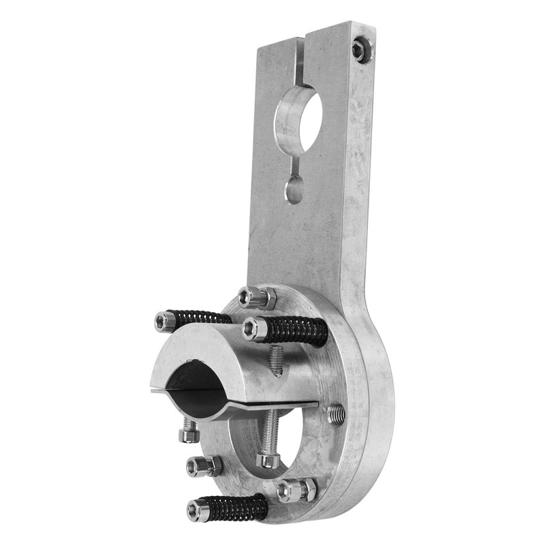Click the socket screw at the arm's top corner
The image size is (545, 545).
point(359,48)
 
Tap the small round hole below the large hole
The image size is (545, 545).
point(294,189)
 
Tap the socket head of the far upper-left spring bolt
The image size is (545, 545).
point(163,321)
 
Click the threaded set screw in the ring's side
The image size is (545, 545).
point(335,414)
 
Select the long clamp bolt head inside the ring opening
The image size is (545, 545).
point(268,460)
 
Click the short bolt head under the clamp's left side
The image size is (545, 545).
point(189,434)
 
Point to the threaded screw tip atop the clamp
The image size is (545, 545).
point(275,360)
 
